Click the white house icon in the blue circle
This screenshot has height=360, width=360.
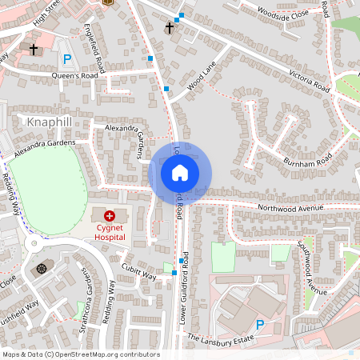tap(179, 172)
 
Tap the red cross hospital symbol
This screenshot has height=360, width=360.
tap(109, 216)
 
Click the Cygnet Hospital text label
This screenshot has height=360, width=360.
tap(109, 231)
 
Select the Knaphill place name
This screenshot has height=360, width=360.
tap(50, 122)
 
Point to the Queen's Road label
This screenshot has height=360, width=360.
tap(74, 75)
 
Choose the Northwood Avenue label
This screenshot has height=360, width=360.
tap(290, 208)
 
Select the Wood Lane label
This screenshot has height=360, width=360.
tap(202, 82)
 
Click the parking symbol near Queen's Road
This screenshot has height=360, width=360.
tap(66, 58)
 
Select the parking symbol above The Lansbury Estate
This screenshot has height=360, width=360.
tap(259, 324)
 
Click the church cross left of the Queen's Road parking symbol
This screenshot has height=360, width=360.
tap(34, 50)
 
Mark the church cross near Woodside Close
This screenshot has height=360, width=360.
tap(169, 28)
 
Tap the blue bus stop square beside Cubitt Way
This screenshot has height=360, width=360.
tap(174, 273)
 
